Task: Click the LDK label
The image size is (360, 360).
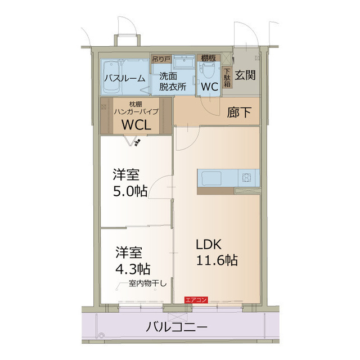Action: click(x=210, y=244)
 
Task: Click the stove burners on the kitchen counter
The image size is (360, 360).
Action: click(x=247, y=178)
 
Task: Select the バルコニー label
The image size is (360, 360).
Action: click(x=177, y=327)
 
